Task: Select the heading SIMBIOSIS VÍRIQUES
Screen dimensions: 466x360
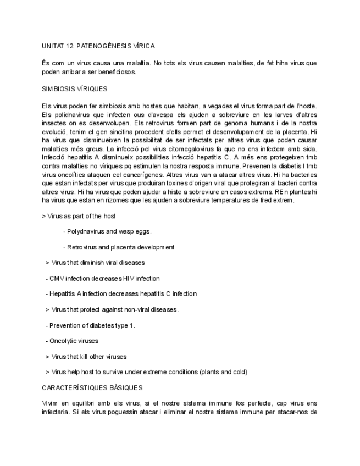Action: (x=74, y=88)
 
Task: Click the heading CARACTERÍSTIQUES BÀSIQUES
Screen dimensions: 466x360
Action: (x=92, y=388)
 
